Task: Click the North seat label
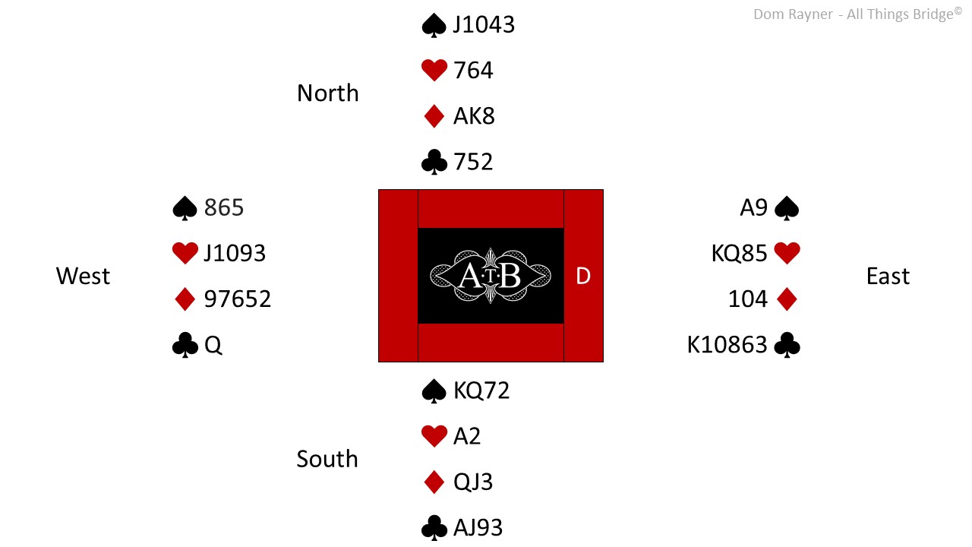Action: pos(328,93)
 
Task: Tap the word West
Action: pos(83,276)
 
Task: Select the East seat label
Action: pos(888,276)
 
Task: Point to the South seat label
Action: pos(327,459)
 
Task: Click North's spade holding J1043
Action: pos(484,24)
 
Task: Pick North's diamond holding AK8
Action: pos(474,116)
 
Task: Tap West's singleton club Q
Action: pos(213,345)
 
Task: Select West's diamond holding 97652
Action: pos(238,299)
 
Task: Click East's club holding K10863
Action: pos(727,345)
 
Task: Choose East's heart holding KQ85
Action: pos(740,254)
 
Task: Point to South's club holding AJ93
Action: pos(478,528)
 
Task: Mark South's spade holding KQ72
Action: pos(481,390)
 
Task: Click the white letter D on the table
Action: pos(583,276)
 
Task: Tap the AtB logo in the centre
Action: pos(491,276)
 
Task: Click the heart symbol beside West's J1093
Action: pos(185,253)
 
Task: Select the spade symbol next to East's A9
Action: pos(787,208)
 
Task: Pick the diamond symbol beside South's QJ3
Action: pos(434,482)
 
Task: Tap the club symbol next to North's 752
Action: pos(434,162)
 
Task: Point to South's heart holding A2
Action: pos(467,436)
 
